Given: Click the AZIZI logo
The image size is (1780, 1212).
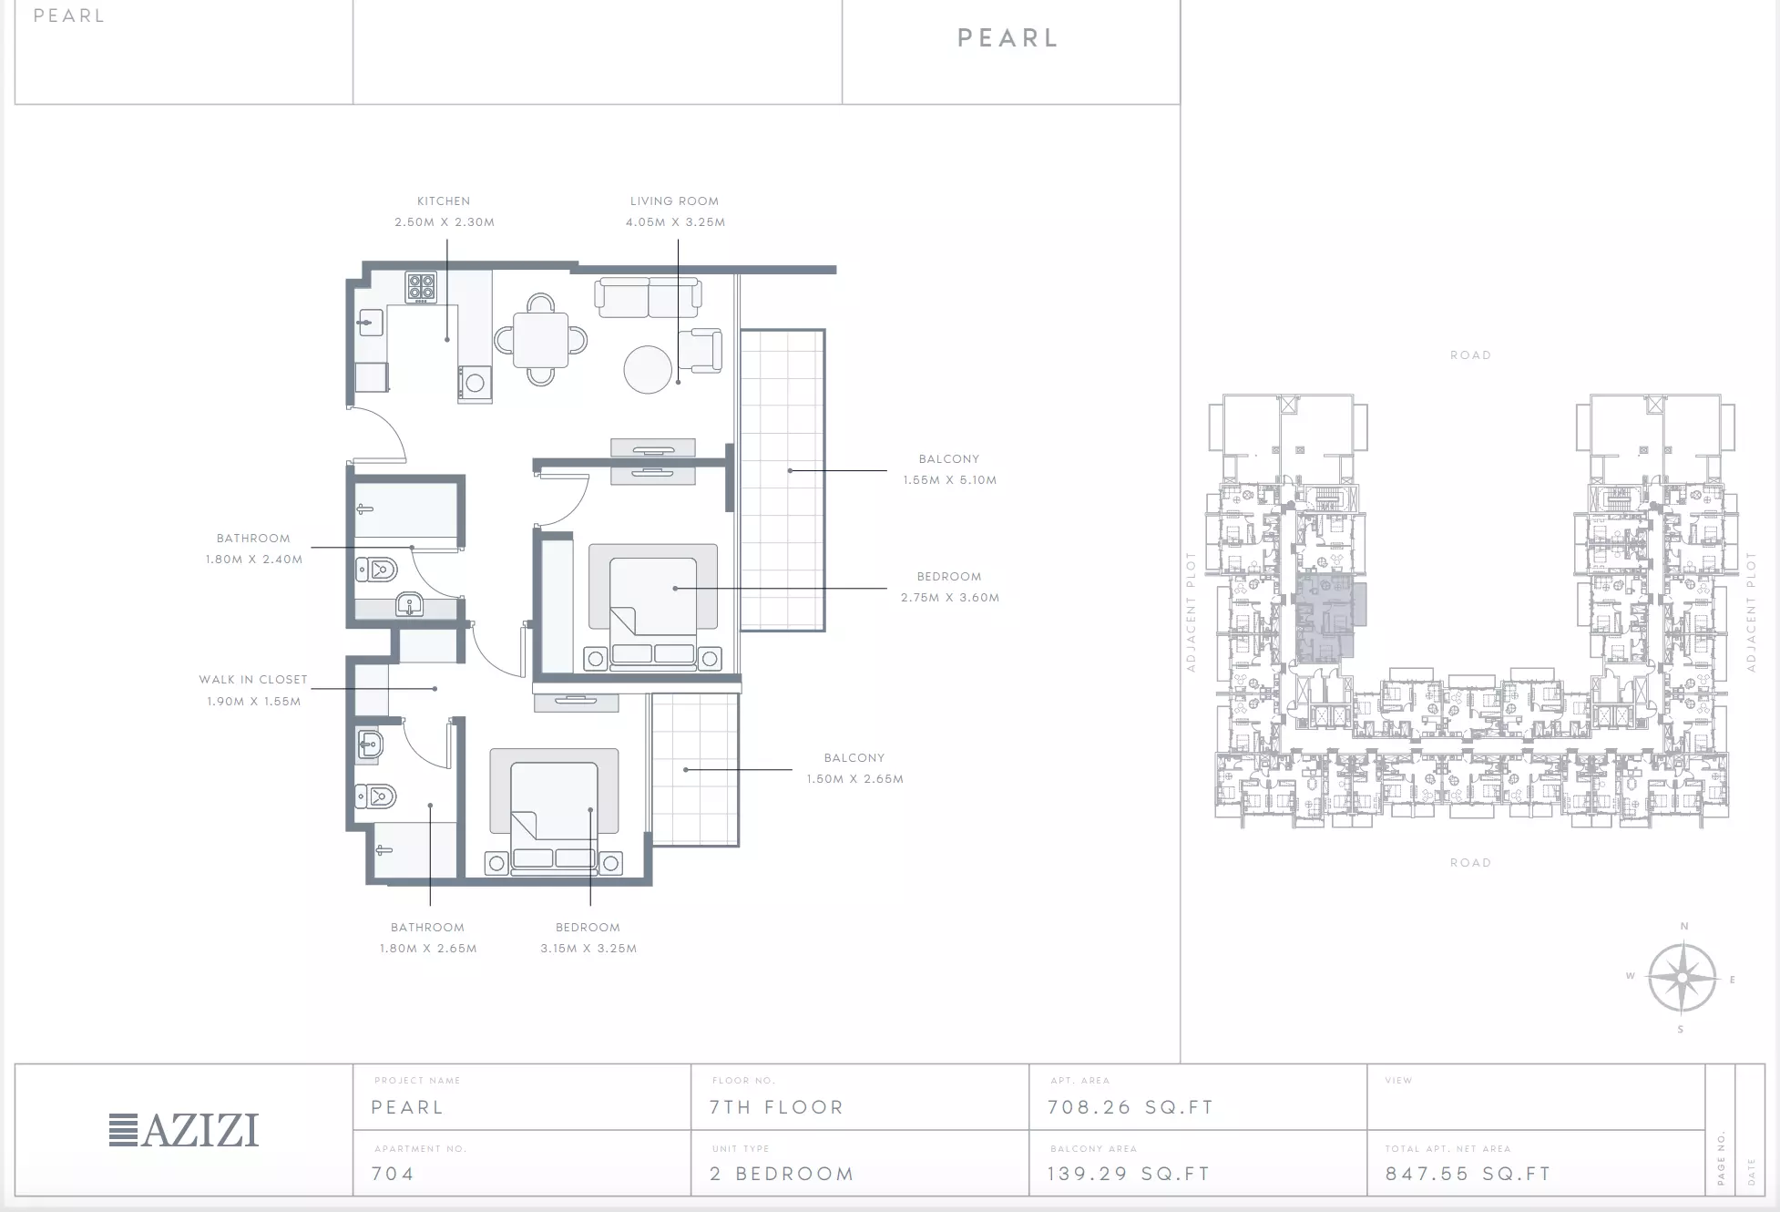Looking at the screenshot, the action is pos(184,1130).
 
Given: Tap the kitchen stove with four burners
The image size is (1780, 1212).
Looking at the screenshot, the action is pos(421,288).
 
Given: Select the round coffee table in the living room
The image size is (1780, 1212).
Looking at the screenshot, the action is pos(648,369).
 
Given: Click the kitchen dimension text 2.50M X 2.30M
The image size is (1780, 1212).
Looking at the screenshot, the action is pos(445,222).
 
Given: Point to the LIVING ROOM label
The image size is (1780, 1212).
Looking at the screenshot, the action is pos(674,201).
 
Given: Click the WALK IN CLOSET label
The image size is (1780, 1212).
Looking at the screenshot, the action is pos(253,680).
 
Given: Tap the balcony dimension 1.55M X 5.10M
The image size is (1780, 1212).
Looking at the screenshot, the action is pos(950,480).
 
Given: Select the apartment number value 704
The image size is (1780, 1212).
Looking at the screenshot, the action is pos(393,1174).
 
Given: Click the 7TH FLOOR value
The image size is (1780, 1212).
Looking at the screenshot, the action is pos(777,1107).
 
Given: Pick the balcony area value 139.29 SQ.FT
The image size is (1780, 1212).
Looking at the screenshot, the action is pos(1129,1174).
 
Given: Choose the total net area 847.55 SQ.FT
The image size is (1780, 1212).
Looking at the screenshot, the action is pos(1468,1174).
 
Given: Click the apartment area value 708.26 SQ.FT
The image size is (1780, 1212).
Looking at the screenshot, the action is pos(1130,1107).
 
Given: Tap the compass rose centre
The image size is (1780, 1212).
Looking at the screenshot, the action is pos(1683,978).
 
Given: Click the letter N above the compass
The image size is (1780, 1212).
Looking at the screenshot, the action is pos(1684,927).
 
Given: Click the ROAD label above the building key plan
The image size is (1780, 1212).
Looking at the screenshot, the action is pos(1471,355).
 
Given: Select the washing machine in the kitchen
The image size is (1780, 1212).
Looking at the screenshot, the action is pos(475,384).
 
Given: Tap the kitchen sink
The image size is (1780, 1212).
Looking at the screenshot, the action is pos(370,323).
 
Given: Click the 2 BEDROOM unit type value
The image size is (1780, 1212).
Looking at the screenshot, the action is pos(783,1174).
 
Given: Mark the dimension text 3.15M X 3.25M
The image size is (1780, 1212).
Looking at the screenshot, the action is pos(588,949).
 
